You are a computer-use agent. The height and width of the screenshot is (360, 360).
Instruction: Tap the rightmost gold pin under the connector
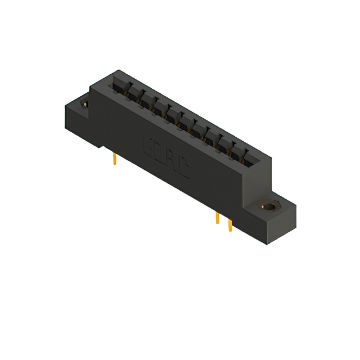click(x=229, y=225)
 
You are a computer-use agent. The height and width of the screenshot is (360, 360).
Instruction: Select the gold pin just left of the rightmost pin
click(x=217, y=218)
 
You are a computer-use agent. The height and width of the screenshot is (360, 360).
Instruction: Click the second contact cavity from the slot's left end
click(x=133, y=92)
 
